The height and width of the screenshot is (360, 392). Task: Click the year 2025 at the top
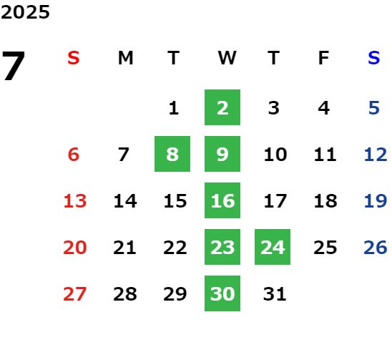click(x=25, y=12)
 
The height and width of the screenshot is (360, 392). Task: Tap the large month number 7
click(x=14, y=66)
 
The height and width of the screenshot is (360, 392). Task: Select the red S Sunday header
click(x=73, y=58)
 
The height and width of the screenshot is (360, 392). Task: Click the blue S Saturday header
click(x=373, y=58)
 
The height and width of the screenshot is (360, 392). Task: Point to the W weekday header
click(x=227, y=58)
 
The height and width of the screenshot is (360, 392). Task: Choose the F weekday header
click(x=323, y=58)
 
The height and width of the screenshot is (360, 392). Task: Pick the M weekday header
click(x=125, y=58)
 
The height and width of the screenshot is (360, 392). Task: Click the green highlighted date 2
click(x=222, y=107)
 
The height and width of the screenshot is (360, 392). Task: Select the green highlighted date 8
click(x=172, y=154)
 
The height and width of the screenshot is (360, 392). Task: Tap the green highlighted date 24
click(x=273, y=247)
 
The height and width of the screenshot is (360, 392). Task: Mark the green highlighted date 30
click(x=222, y=293)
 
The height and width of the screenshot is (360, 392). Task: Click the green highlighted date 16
click(x=222, y=200)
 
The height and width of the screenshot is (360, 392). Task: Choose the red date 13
click(x=75, y=201)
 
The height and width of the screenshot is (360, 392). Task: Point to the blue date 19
click(x=376, y=201)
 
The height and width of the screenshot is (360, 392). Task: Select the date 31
click(x=275, y=294)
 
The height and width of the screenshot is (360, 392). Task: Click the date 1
click(x=174, y=108)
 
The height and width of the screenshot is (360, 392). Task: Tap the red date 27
click(x=75, y=294)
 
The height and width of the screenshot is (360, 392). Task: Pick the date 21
click(x=124, y=248)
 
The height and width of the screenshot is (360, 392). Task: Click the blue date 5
click(x=374, y=108)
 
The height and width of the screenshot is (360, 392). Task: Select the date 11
click(x=325, y=155)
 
